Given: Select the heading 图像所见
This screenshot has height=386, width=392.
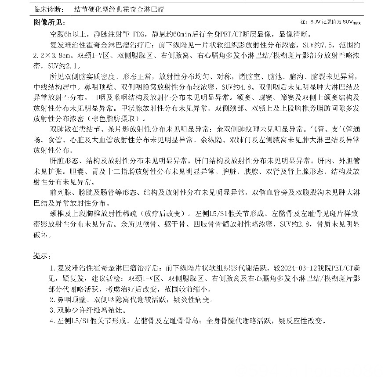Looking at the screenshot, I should [48, 22].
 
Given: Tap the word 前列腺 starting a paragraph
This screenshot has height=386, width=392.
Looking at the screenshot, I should [60, 193].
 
